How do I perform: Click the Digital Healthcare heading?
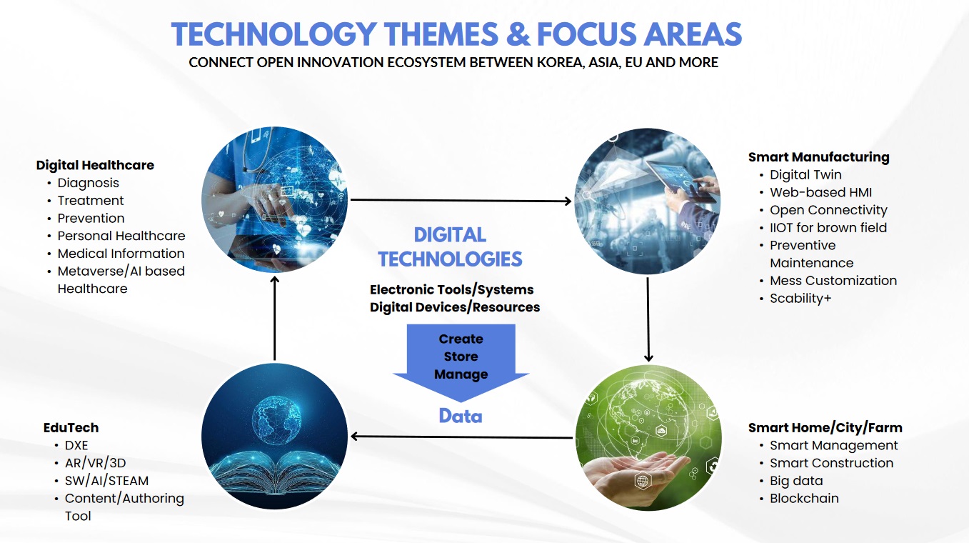[x=95, y=165]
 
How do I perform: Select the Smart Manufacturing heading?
[x=819, y=157]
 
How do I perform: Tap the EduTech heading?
[x=71, y=428]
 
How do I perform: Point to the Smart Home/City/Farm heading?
[x=825, y=428]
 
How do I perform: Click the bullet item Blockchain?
[x=804, y=499]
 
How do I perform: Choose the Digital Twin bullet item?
[x=805, y=175]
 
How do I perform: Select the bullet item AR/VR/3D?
[x=95, y=464]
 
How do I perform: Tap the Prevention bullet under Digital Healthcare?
[x=91, y=219]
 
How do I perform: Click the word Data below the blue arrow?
[x=461, y=417]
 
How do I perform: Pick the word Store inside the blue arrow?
[x=461, y=357]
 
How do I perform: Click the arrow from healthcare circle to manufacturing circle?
[x=461, y=200]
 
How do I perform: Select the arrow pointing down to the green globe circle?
[x=648, y=320]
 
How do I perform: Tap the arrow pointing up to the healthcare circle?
[x=274, y=319]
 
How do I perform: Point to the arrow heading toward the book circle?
[x=461, y=437]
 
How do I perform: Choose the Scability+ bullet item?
[x=800, y=299]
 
